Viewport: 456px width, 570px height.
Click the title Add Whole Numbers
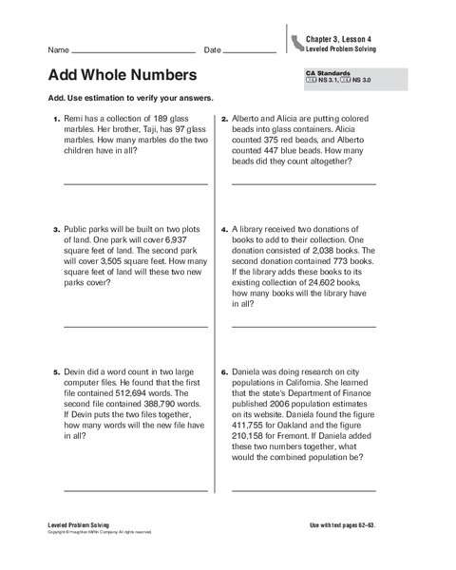(x=122, y=75)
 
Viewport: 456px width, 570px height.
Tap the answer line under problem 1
(x=135, y=182)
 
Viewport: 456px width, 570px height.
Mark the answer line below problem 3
(x=135, y=325)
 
